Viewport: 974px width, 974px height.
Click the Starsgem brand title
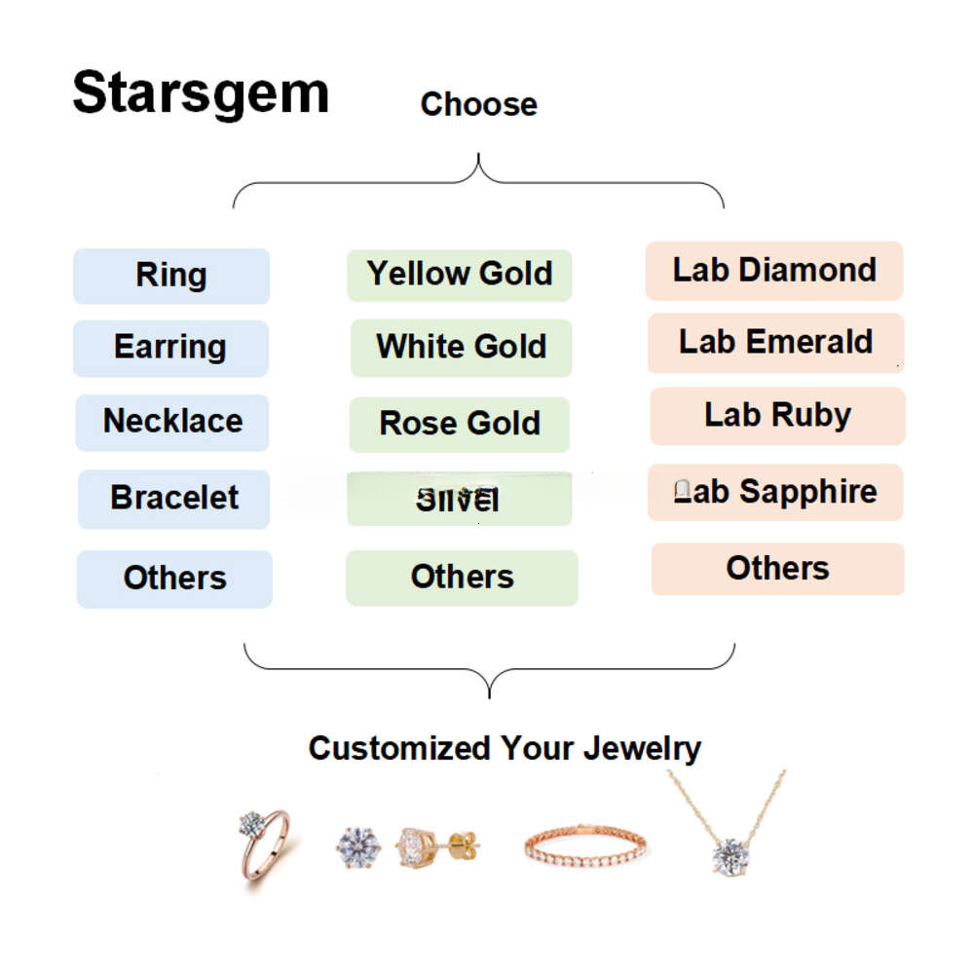[x=201, y=94]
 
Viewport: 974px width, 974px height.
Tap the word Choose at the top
[x=478, y=104]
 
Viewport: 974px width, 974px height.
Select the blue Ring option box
[x=171, y=276]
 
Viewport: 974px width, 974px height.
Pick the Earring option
[x=170, y=348]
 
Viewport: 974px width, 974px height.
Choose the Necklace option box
[x=172, y=422]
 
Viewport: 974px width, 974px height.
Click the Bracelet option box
[x=174, y=499]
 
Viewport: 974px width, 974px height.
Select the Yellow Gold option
[x=460, y=275]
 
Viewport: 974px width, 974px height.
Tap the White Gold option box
[x=461, y=347]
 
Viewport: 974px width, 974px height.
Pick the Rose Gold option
[x=460, y=424]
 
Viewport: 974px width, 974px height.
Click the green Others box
[x=462, y=578]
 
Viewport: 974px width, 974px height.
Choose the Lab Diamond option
[x=774, y=271]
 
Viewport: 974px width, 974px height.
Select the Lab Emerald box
[x=775, y=343]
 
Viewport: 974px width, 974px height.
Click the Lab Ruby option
[x=777, y=416]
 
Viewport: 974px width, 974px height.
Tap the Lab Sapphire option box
[x=775, y=492]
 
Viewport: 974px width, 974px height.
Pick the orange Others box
[x=777, y=569]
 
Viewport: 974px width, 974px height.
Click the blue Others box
[x=174, y=579]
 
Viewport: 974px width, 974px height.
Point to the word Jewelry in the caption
[x=642, y=748]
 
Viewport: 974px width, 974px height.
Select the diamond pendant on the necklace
[x=729, y=855]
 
